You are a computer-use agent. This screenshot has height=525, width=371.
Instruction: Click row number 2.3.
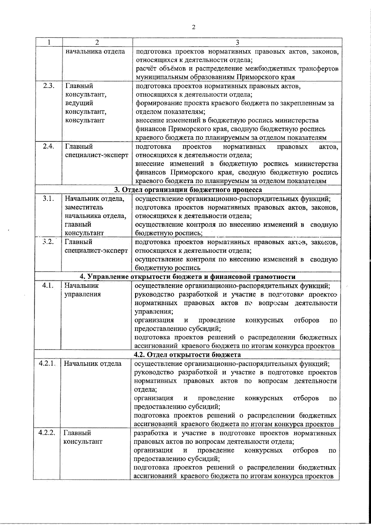(x=49, y=86)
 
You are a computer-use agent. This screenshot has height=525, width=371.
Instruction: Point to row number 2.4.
(x=49, y=147)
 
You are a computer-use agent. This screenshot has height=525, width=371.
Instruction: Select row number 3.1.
(x=49, y=198)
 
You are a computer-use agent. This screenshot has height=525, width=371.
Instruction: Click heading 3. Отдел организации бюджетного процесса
(x=188, y=190)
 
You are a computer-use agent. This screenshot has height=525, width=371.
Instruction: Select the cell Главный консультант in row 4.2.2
(x=83, y=437)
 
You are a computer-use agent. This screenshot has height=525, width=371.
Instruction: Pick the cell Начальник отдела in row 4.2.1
(x=92, y=364)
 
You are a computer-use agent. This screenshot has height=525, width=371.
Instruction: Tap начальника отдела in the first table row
(x=95, y=51)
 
